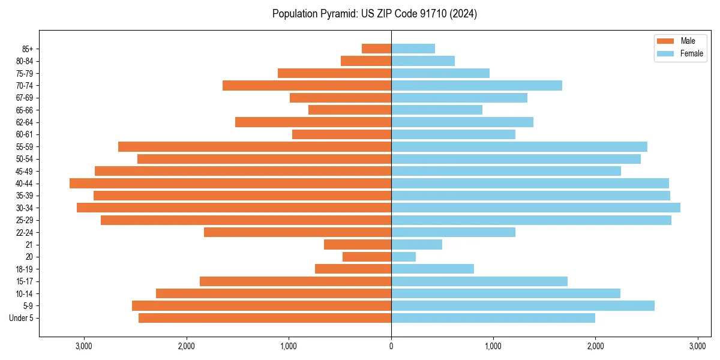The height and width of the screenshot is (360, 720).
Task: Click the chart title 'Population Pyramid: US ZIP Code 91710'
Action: pyautogui.click(x=374, y=14)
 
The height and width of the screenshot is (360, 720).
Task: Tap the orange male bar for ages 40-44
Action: pyautogui.click(x=230, y=183)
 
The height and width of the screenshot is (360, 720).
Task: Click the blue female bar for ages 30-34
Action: pyautogui.click(x=535, y=208)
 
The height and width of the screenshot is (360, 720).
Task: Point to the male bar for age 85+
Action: pyautogui.click(x=376, y=49)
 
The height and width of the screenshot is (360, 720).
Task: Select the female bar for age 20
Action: pyautogui.click(x=403, y=257)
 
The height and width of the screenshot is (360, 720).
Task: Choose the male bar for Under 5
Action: pyautogui.click(x=265, y=318)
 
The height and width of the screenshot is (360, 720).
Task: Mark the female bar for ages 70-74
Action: pyautogui.click(x=476, y=85)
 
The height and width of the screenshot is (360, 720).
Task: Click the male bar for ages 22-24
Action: pyautogui.click(x=298, y=232)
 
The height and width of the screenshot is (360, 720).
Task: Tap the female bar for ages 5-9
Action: pyautogui.click(x=523, y=305)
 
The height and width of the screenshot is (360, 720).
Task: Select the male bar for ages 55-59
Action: pyautogui.click(x=254, y=146)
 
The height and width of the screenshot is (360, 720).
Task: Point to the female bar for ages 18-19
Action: pyautogui.click(x=432, y=269)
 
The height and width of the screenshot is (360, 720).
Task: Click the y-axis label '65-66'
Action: pyautogui.click(x=25, y=110)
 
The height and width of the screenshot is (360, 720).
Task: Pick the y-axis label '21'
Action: pyautogui.click(x=29, y=245)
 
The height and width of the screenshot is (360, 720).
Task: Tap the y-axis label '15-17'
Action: pyautogui.click(x=25, y=281)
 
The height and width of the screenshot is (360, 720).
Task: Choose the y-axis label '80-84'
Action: pyautogui.click(x=25, y=61)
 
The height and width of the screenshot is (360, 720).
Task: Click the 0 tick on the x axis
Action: pyautogui.click(x=391, y=346)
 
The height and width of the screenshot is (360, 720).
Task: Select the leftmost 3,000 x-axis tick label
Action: pyautogui.click(x=84, y=346)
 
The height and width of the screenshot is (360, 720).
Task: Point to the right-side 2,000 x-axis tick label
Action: pyautogui.click(x=595, y=346)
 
